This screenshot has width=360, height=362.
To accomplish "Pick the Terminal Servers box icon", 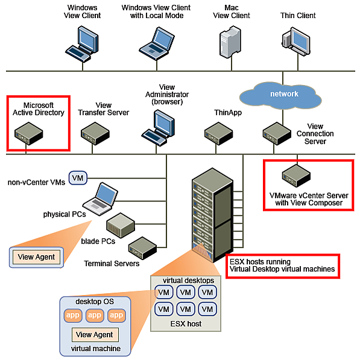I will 144,246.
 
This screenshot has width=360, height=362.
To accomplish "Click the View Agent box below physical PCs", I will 37,256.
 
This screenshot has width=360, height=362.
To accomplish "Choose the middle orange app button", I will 95,316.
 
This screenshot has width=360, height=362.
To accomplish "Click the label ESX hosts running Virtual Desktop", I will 282,265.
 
